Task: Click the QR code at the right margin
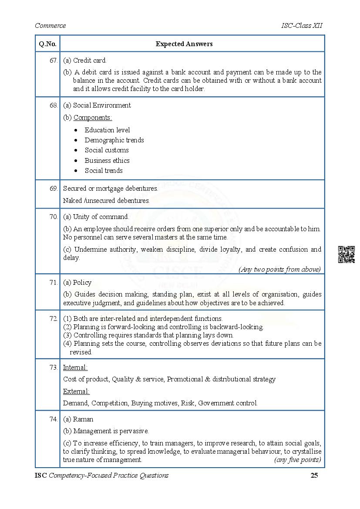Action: [x=346, y=254]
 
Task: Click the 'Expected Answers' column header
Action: [x=184, y=44]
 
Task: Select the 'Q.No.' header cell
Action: [x=47, y=44]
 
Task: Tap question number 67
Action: [x=54, y=61]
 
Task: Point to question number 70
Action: [x=54, y=216]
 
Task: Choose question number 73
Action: [x=54, y=367]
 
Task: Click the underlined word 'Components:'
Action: [x=92, y=118]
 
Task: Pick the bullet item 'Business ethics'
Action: [x=107, y=160]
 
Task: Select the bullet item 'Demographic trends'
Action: [x=114, y=140]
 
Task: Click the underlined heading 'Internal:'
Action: [x=75, y=367]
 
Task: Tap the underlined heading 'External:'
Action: [x=76, y=391]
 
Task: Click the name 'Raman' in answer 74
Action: [x=83, y=419]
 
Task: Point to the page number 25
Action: [x=314, y=475]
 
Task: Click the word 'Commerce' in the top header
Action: [x=50, y=25]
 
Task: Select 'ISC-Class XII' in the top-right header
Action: [x=302, y=25]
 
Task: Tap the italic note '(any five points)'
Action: [x=297, y=460]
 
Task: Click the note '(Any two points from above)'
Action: [x=279, y=270]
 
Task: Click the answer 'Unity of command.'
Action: [x=101, y=216]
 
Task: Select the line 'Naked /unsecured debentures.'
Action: [x=106, y=201]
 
